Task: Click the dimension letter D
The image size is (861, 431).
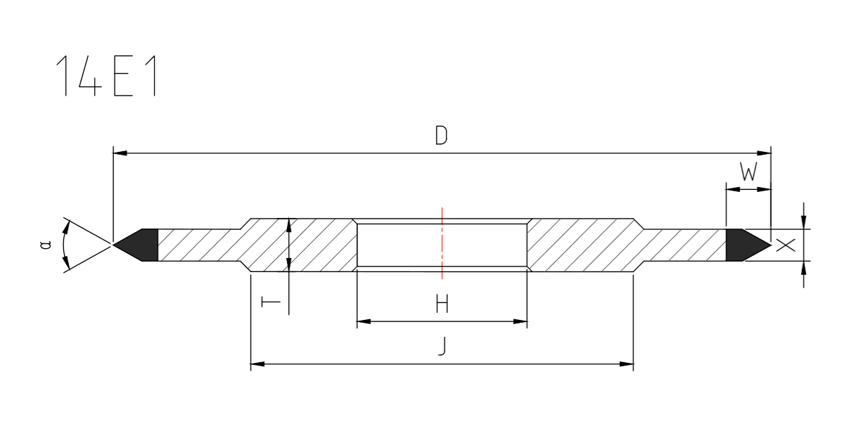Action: pyautogui.click(x=441, y=135)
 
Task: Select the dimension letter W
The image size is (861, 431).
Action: pyautogui.click(x=748, y=172)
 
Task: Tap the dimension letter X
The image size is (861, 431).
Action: pyautogui.click(x=786, y=245)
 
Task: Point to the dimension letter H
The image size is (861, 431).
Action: pyautogui.click(x=442, y=304)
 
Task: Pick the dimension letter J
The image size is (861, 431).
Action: pyautogui.click(x=441, y=347)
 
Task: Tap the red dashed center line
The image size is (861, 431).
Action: pyautogui.click(x=442, y=243)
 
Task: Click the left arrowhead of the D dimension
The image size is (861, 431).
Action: pyautogui.click(x=120, y=153)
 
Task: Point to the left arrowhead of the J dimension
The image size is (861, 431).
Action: pyautogui.click(x=258, y=364)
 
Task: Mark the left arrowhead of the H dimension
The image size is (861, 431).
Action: pyautogui.click(x=364, y=322)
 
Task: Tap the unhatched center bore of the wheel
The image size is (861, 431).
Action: pyautogui.click(x=408, y=244)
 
